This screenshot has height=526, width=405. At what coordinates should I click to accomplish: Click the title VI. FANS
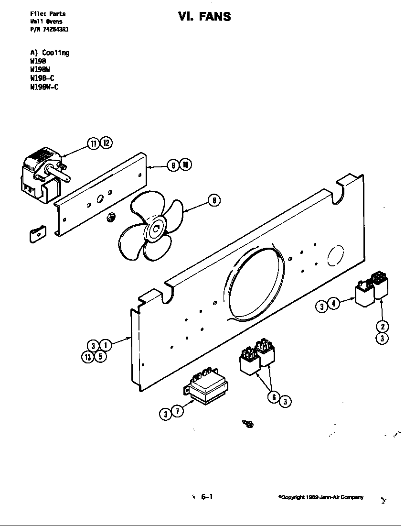tap(204, 17)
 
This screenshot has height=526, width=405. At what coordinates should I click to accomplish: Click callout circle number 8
tap(214, 201)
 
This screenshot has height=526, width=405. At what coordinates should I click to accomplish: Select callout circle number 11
tap(93, 143)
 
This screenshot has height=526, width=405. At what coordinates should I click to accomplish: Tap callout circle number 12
tap(106, 143)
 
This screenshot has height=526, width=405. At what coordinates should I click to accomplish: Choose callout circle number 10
tap(185, 165)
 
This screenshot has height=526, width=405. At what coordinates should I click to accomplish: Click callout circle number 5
tap(100, 356)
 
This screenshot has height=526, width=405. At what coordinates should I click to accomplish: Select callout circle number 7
tap(177, 411)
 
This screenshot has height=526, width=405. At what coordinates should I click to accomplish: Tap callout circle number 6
tap(273, 396)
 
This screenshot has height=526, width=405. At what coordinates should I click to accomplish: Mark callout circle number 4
tap(334, 304)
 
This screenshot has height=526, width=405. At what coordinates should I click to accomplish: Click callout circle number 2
tap(382, 327)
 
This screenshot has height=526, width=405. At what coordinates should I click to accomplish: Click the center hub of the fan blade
tap(156, 230)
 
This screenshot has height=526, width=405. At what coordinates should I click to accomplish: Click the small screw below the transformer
tap(248, 423)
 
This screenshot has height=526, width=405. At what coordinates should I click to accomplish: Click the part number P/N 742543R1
tap(52, 29)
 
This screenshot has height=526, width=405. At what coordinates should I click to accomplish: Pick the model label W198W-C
tap(44, 87)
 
